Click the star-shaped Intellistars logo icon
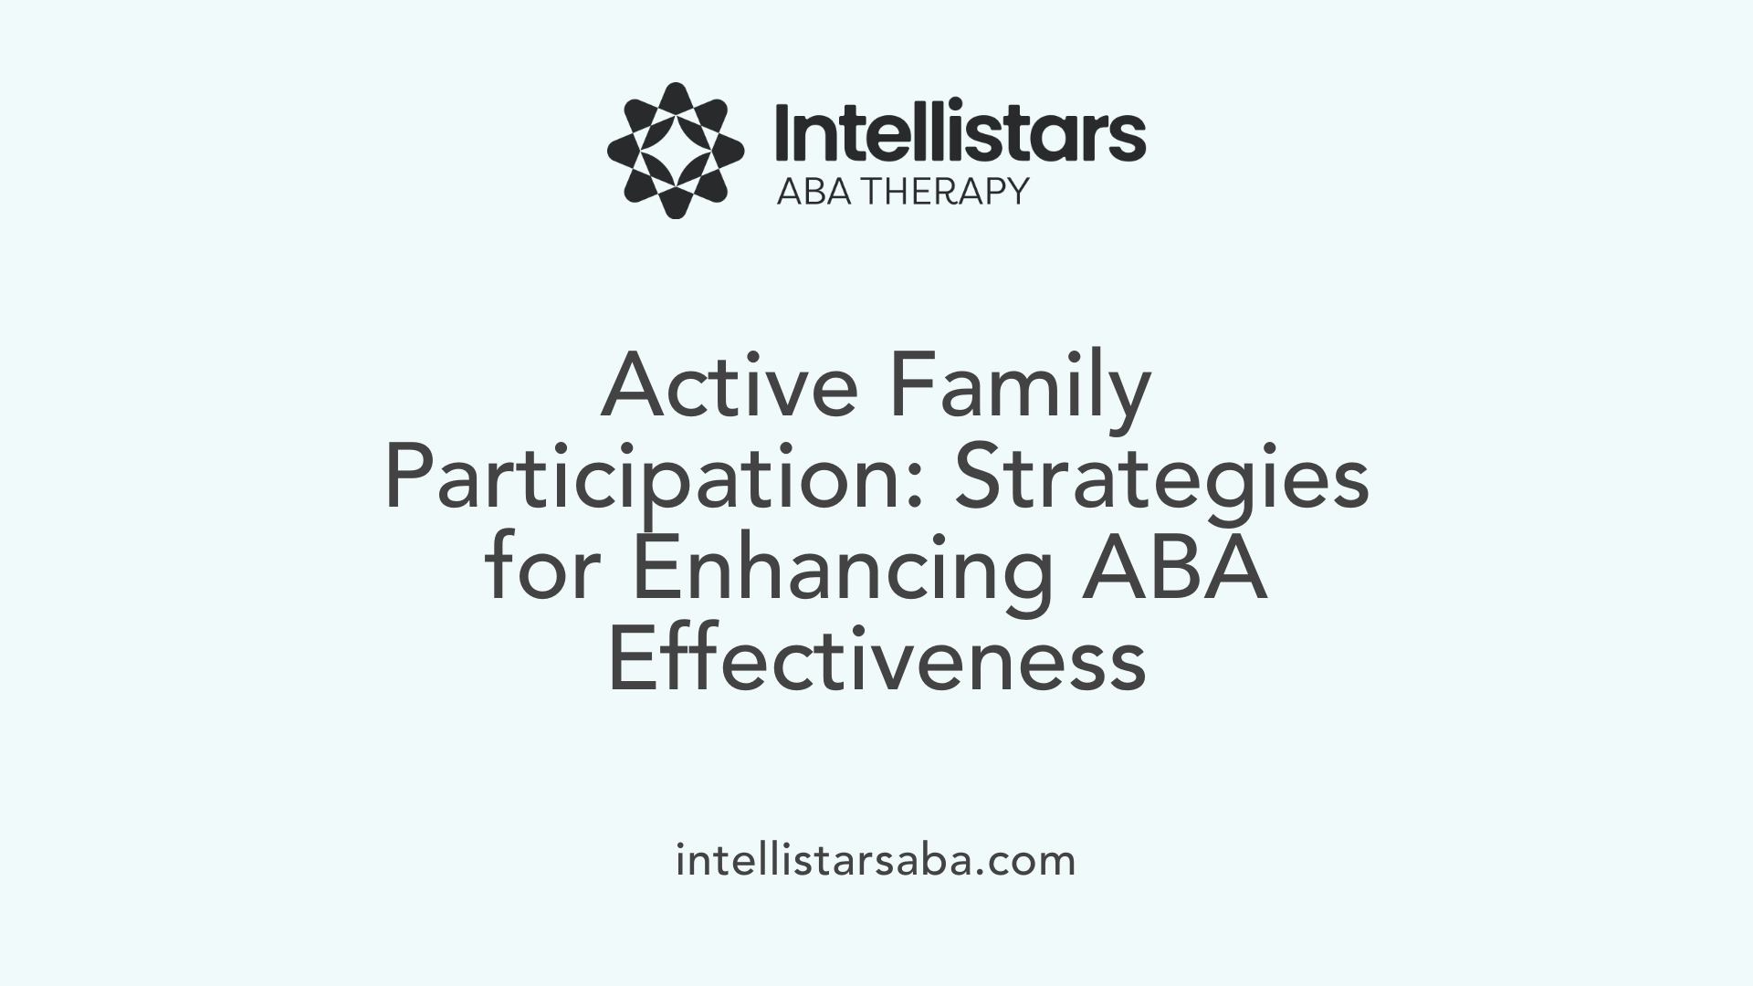675,151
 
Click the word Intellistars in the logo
960,134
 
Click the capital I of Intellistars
782,134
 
